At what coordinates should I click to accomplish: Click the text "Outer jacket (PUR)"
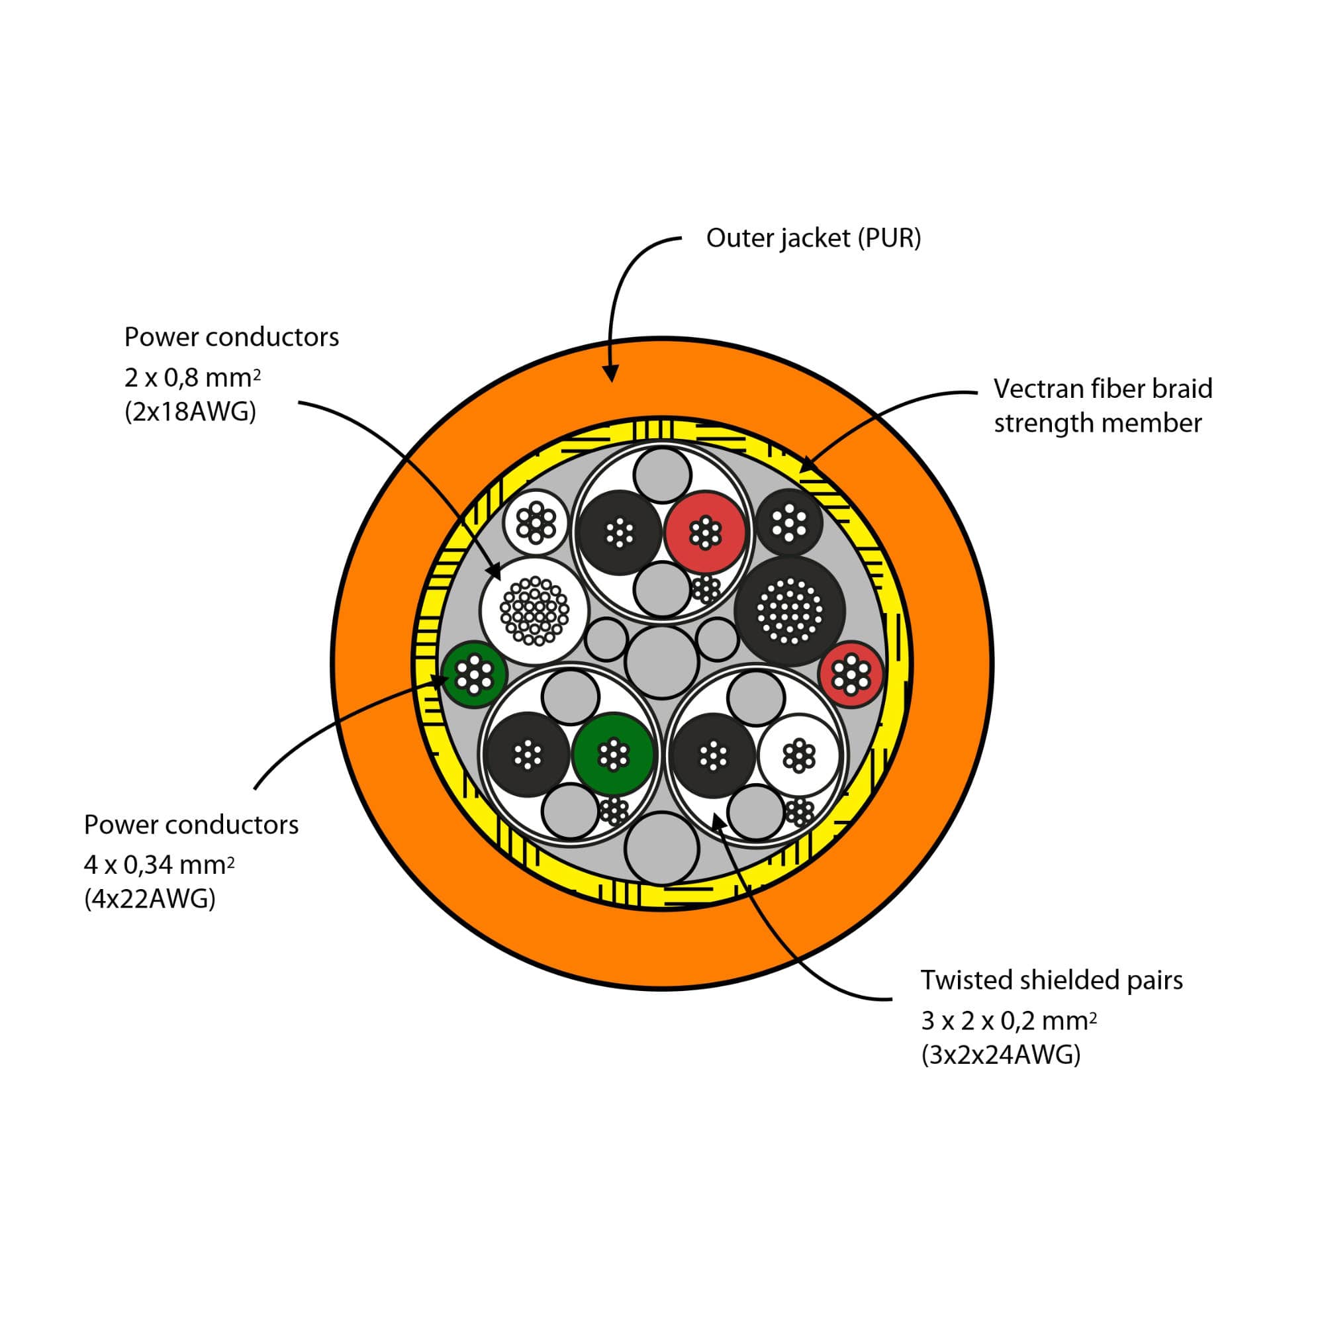pos(814,238)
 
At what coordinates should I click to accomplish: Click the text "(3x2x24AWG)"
pos(1000,1055)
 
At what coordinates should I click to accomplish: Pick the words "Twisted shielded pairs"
pos(1051,980)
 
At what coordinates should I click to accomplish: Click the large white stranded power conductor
pos(534,610)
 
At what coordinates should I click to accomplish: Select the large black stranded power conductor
pos(790,610)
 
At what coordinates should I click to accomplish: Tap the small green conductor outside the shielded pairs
pos(473,675)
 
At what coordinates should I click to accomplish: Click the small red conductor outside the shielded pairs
pos(851,675)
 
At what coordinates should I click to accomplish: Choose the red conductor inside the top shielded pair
pos(704,532)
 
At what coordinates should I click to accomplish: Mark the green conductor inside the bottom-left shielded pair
pos(612,755)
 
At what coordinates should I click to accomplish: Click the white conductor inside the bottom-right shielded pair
pos(799,755)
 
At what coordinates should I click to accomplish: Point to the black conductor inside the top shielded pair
pos(620,532)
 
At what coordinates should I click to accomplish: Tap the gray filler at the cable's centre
pos(662,662)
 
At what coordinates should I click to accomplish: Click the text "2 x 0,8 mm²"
pos(192,377)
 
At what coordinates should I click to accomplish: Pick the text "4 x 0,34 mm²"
pos(159,865)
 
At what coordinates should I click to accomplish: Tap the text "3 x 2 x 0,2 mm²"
pos(1008,1021)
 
